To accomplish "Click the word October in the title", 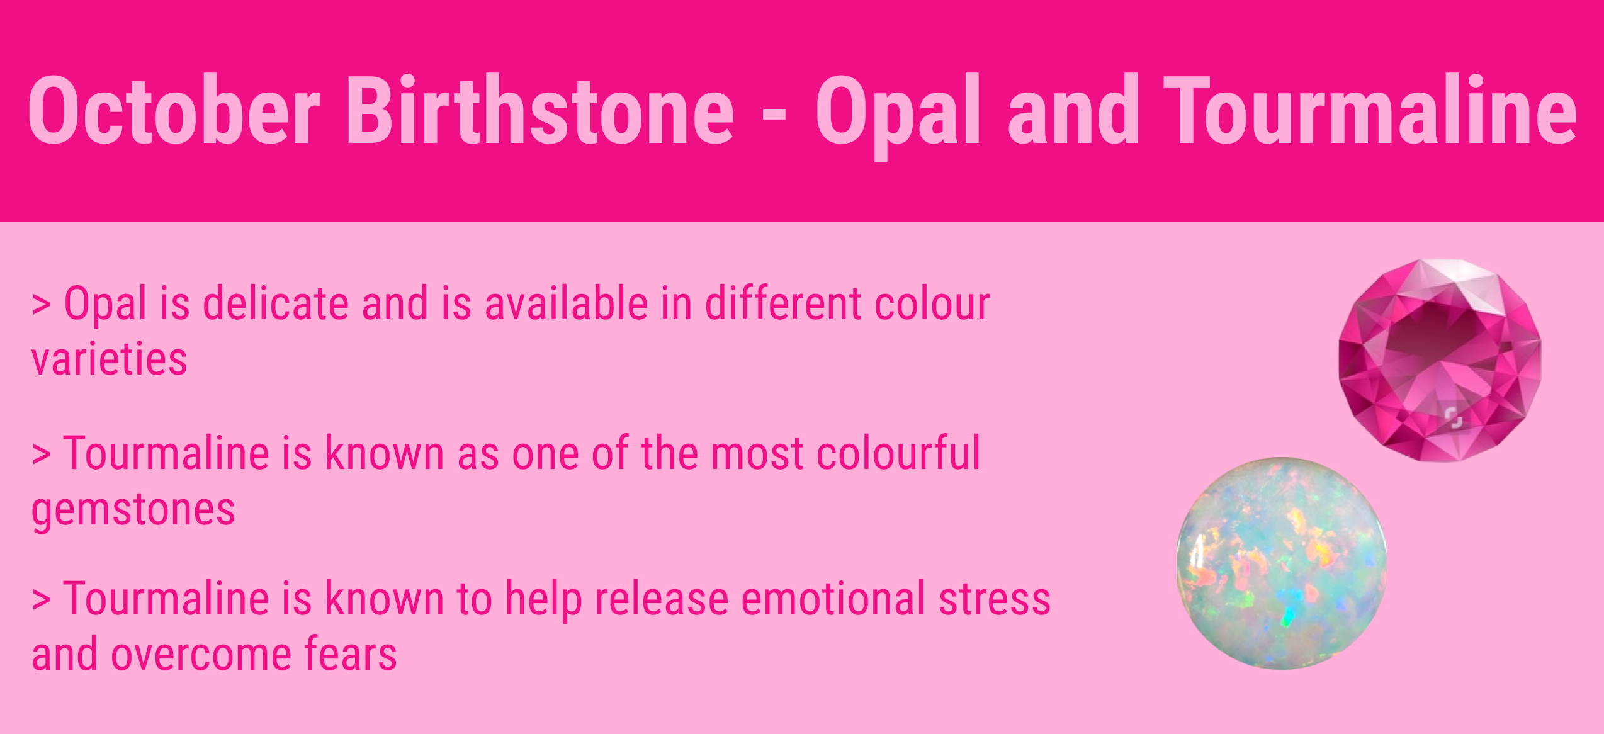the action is [174, 110].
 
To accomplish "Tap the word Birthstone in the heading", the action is [539, 110].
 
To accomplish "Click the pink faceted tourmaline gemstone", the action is [1440, 360].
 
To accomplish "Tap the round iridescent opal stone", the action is [1282, 563].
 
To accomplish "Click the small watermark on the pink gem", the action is [1454, 417].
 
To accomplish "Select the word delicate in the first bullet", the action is [276, 303].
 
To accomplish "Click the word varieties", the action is [110, 359].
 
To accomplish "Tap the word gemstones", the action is [133, 510].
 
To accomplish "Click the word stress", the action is [995, 599].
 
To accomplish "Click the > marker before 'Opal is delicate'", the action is [41, 305].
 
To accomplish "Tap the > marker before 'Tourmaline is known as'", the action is [41, 455].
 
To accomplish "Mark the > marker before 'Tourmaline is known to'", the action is [41, 601].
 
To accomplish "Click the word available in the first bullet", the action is [567, 303].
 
